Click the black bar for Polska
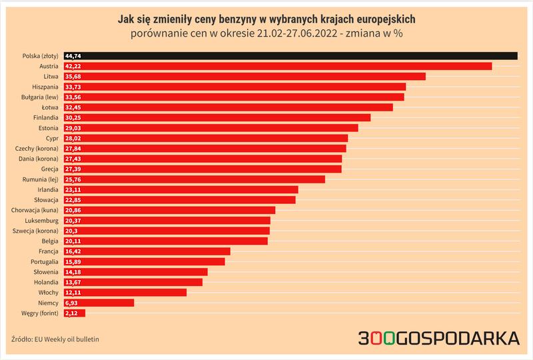tap(290, 56)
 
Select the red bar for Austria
tap(278, 66)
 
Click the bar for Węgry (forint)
tap(75, 313)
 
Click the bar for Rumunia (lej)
tap(195, 179)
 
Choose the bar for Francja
tap(147, 251)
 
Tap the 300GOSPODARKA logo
tap(438, 338)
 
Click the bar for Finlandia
tap(217, 117)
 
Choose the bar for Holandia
tap(133, 282)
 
